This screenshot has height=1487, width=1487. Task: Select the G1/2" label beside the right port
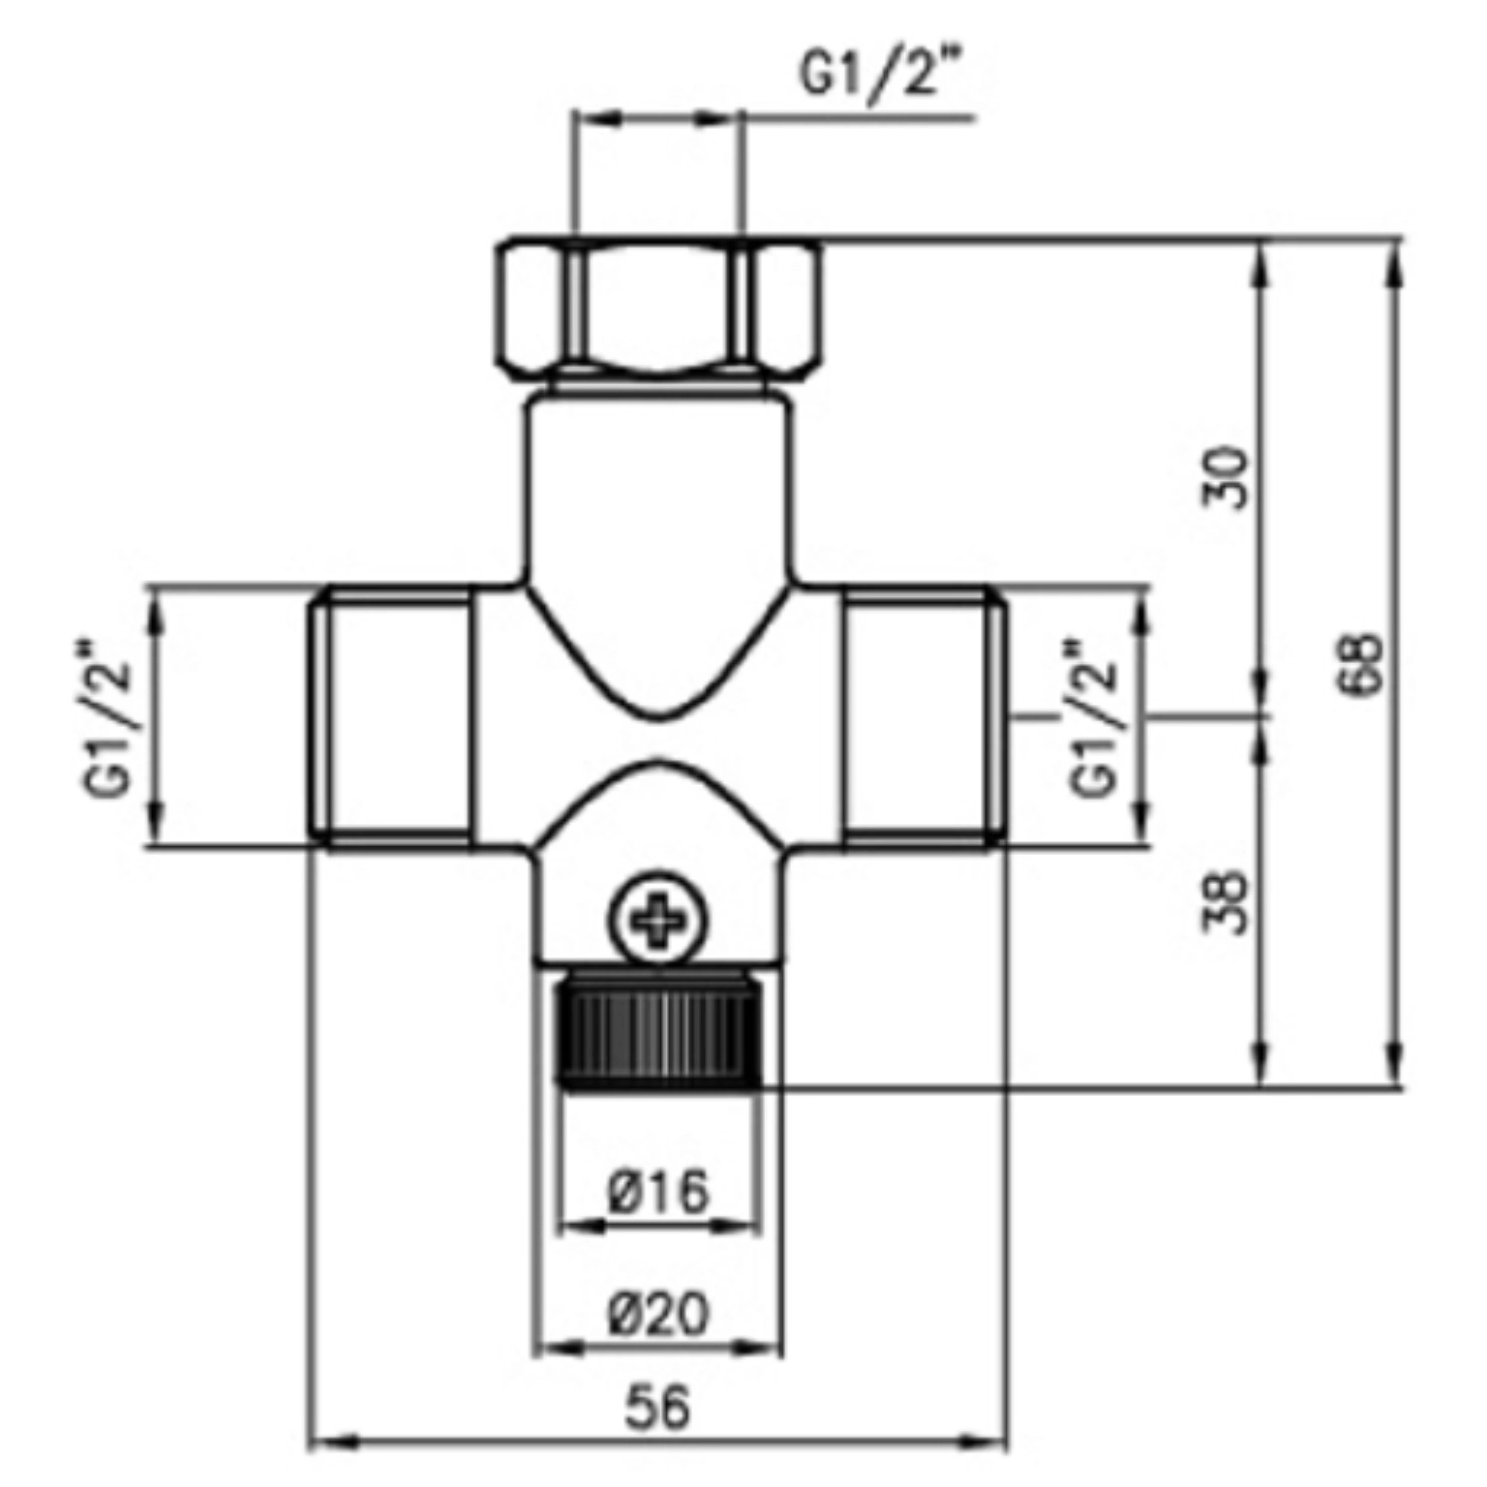(1092, 716)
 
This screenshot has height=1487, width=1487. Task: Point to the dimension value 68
(1367, 664)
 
